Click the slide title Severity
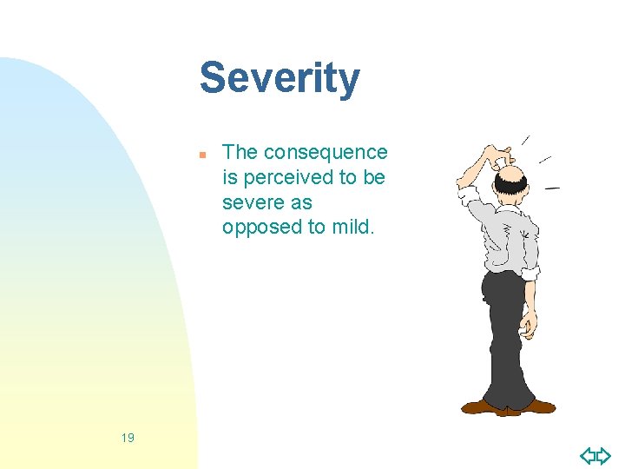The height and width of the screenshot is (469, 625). coord(280,78)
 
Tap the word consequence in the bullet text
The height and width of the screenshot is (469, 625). coord(326,153)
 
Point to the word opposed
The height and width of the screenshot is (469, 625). coord(259,228)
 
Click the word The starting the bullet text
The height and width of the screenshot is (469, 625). coord(240,153)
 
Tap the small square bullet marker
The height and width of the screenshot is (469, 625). coord(201,155)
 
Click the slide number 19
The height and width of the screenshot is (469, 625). coord(128,438)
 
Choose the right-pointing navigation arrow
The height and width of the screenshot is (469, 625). coord(603,455)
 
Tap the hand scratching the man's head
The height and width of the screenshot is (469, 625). coord(498,159)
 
